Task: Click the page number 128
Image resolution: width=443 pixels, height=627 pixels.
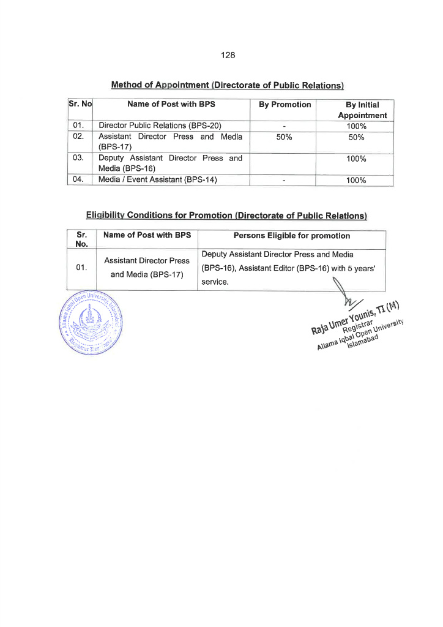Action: (228, 55)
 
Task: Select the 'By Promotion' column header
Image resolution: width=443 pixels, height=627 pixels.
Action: (285, 105)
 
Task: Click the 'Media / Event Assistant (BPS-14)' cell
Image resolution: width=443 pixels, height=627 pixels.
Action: (158, 180)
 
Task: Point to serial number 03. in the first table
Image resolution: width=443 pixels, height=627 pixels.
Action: (78, 159)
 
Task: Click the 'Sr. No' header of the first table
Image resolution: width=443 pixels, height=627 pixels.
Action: (80, 105)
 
